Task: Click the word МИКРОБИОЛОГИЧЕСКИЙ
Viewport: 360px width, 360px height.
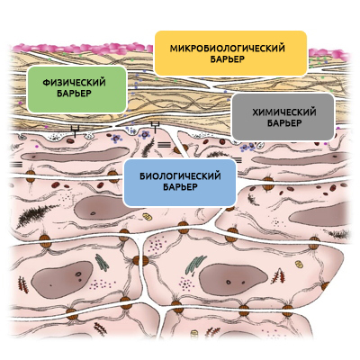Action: point(227,49)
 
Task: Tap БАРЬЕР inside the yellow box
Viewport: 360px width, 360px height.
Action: point(227,59)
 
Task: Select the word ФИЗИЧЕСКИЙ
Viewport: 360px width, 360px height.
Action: point(74,82)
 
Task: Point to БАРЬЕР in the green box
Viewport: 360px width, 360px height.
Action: point(74,94)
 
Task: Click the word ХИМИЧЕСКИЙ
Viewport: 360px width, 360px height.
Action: point(283,112)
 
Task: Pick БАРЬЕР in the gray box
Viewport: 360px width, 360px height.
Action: point(284,123)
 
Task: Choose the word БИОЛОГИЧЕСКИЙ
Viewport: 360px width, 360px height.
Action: point(180,175)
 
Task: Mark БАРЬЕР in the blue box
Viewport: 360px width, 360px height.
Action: point(180,187)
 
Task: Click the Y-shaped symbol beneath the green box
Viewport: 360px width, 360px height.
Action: point(75,130)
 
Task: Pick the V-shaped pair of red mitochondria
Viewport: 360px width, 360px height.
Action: point(278,276)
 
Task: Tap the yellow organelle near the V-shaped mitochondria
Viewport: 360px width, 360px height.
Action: point(299,264)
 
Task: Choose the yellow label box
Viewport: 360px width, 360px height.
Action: point(230,53)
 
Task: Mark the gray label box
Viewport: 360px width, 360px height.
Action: point(283,117)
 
